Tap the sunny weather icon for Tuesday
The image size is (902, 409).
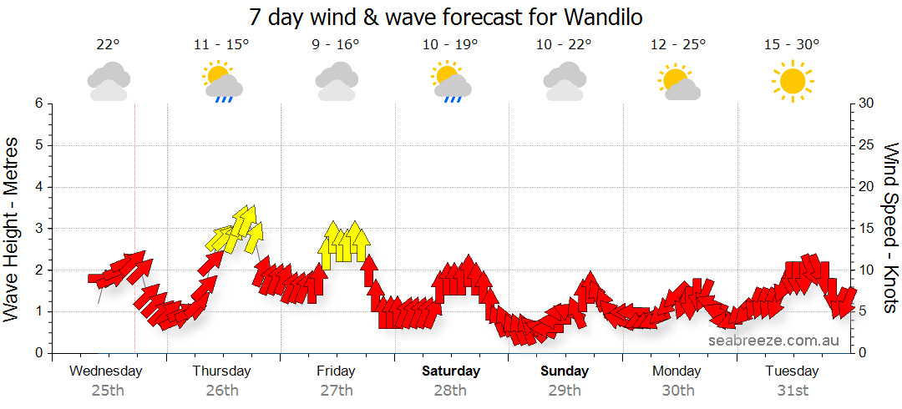click(x=791, y=81)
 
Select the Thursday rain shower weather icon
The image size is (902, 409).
click(x=221, y=82)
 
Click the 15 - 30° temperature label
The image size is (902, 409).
click(x=791, y=45)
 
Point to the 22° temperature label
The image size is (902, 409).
click(x=108, y=45)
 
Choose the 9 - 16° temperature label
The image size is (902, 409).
click(x=336, y=45)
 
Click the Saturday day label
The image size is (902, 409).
click(x=451, y=371)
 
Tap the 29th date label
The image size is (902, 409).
click(x=565, y=390)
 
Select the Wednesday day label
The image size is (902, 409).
click(x=106, y=371)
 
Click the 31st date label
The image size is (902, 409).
click(x=792, y=390)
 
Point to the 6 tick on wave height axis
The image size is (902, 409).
click(x=38, y=104)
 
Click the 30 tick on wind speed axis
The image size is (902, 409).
click(x=866, y=104)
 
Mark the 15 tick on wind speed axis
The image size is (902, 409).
click(x=866, y=229)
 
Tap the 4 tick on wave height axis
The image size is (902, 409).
click(x=38, y=187)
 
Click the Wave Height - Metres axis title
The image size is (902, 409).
click(x=12, y=229)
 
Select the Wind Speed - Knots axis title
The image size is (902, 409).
click(x=890, y=229)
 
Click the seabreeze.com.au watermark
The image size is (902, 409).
click(x=773, y=340)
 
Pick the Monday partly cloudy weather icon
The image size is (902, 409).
click(x=677, y=82)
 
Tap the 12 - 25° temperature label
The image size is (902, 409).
click(x=677, y=45)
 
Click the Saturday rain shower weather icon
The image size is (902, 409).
click(x=451, y=82)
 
